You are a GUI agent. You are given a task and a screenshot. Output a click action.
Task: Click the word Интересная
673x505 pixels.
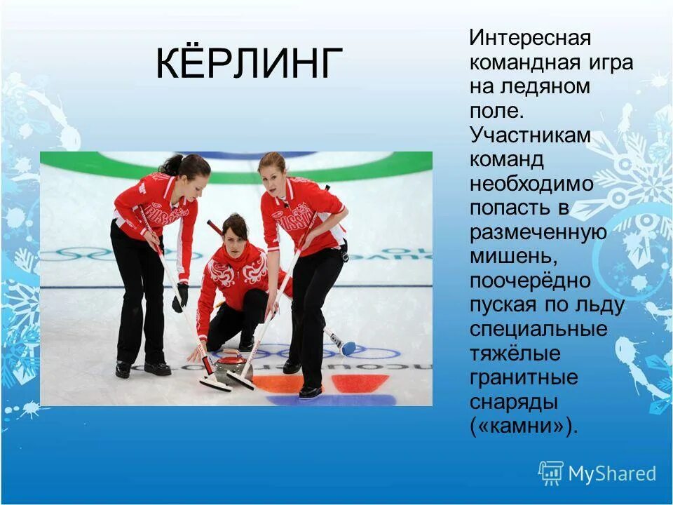click(531, 37)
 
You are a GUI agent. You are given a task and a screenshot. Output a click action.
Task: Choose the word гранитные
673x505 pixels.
click(524, 377)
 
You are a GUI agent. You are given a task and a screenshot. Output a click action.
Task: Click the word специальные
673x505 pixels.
click(538, 329)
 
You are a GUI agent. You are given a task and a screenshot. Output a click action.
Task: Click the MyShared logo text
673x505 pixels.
click(612, 473)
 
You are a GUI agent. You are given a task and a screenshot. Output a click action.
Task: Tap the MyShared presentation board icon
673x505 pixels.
click(551, 473)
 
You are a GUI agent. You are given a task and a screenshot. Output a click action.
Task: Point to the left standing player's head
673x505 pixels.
click(188, 170)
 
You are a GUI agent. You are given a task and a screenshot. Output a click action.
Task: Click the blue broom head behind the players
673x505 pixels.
click(348, 347)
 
